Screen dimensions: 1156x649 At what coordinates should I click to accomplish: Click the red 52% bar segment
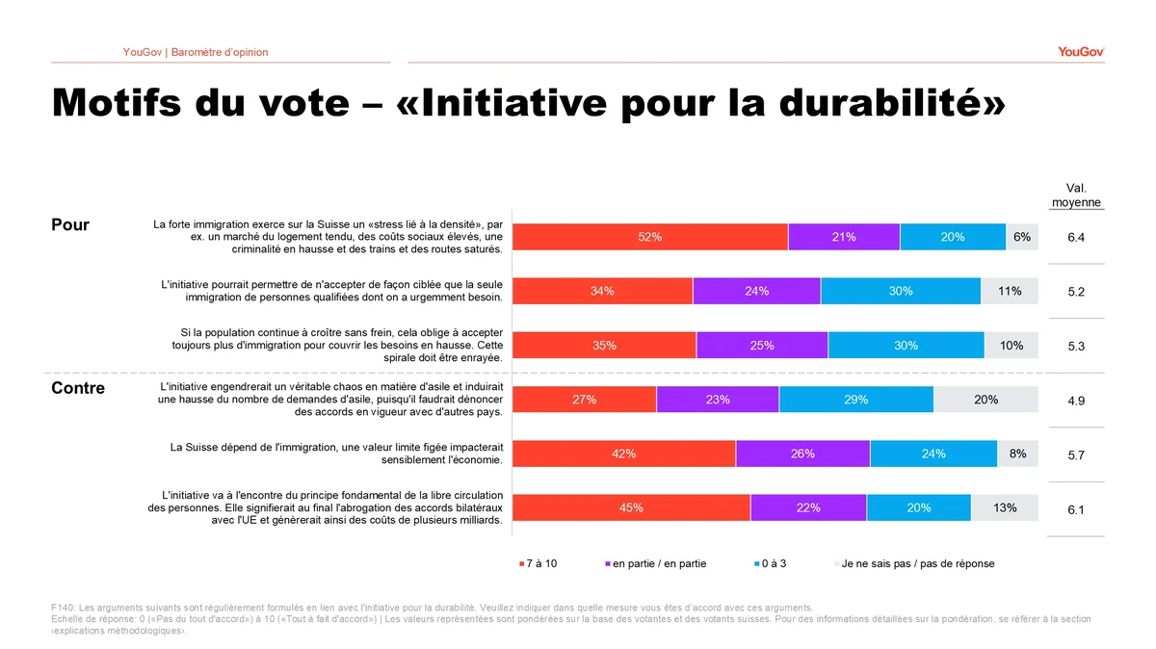pyautogui.click(x=650, y=237)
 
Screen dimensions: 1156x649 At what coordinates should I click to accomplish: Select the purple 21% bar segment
pyautogui.click(x=844, y=237)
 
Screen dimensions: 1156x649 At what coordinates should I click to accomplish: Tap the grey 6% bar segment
pyautogui.click(x=1022, y=237)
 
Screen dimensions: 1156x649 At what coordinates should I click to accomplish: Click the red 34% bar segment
pyautogui.click(x=602, y=291)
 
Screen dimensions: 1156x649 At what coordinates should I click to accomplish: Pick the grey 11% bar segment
pyautogui.click(x=1010, y=291)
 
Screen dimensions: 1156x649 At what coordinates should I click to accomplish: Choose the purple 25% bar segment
pyautogui.click(x=762, y=345)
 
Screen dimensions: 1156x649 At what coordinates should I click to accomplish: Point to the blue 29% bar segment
pyautogui.click(x=856, y=400)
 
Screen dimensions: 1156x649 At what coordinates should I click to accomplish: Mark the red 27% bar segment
pyautogui.click(x=584, y=400)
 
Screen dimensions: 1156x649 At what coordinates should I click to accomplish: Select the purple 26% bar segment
pyautogui.click(x=803, y=454)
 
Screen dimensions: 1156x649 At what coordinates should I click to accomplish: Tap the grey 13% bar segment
pyautogui.click(x=1005, y=507)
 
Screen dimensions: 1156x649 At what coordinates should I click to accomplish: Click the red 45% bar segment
pyautogui.click(x=631, y=507)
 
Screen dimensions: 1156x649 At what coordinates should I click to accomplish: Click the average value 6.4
pyautogui.click(x=1076, y=237)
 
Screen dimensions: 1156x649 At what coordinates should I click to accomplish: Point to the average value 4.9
pyautogui.click(x=1076, y=401)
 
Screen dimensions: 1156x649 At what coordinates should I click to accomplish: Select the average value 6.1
pyautogui.click(x=1076, y=509)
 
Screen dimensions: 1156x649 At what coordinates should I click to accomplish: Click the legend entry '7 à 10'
pyautogui.click(x=539, y=563)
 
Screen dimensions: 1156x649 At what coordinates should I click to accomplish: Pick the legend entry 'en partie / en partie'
pyautogui.click(x=655, y=563)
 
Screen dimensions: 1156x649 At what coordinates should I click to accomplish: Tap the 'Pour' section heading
pyautogui.click(x=70, y=224)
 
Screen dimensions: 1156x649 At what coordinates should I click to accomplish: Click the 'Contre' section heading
pyautogui.click(x=78, y=388)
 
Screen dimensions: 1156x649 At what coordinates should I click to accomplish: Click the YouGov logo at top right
pyautogui.click(x=1081, y=52)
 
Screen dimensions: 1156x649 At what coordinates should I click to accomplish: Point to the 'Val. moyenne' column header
pyautogui.click(x=1077, y=195)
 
